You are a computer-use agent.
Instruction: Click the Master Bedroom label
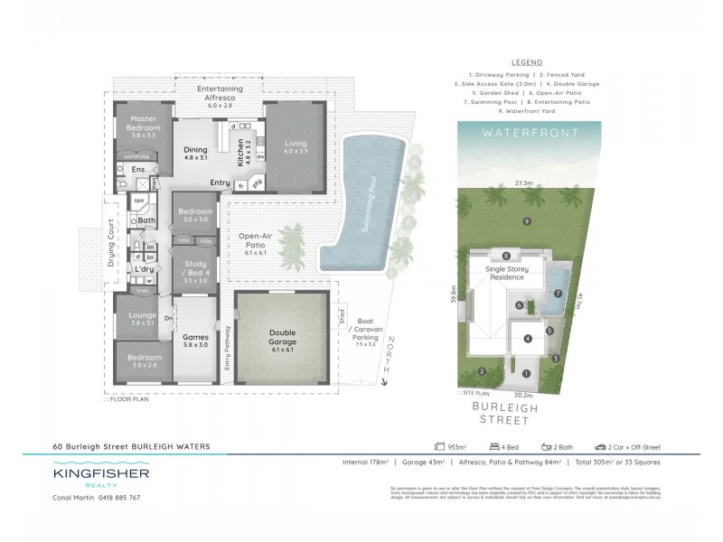(144, 124)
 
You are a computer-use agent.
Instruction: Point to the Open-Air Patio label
(256, 242)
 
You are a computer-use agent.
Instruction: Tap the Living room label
(296, 144)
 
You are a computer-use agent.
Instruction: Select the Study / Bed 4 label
(196, 269)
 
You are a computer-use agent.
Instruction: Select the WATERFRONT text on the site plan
(526, 133)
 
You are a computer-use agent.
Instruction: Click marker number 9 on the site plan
(526, 220)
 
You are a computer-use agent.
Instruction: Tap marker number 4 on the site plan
(527, 339)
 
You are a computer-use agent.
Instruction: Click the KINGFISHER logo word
(100, 472)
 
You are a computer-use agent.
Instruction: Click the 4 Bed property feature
(504, 446)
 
